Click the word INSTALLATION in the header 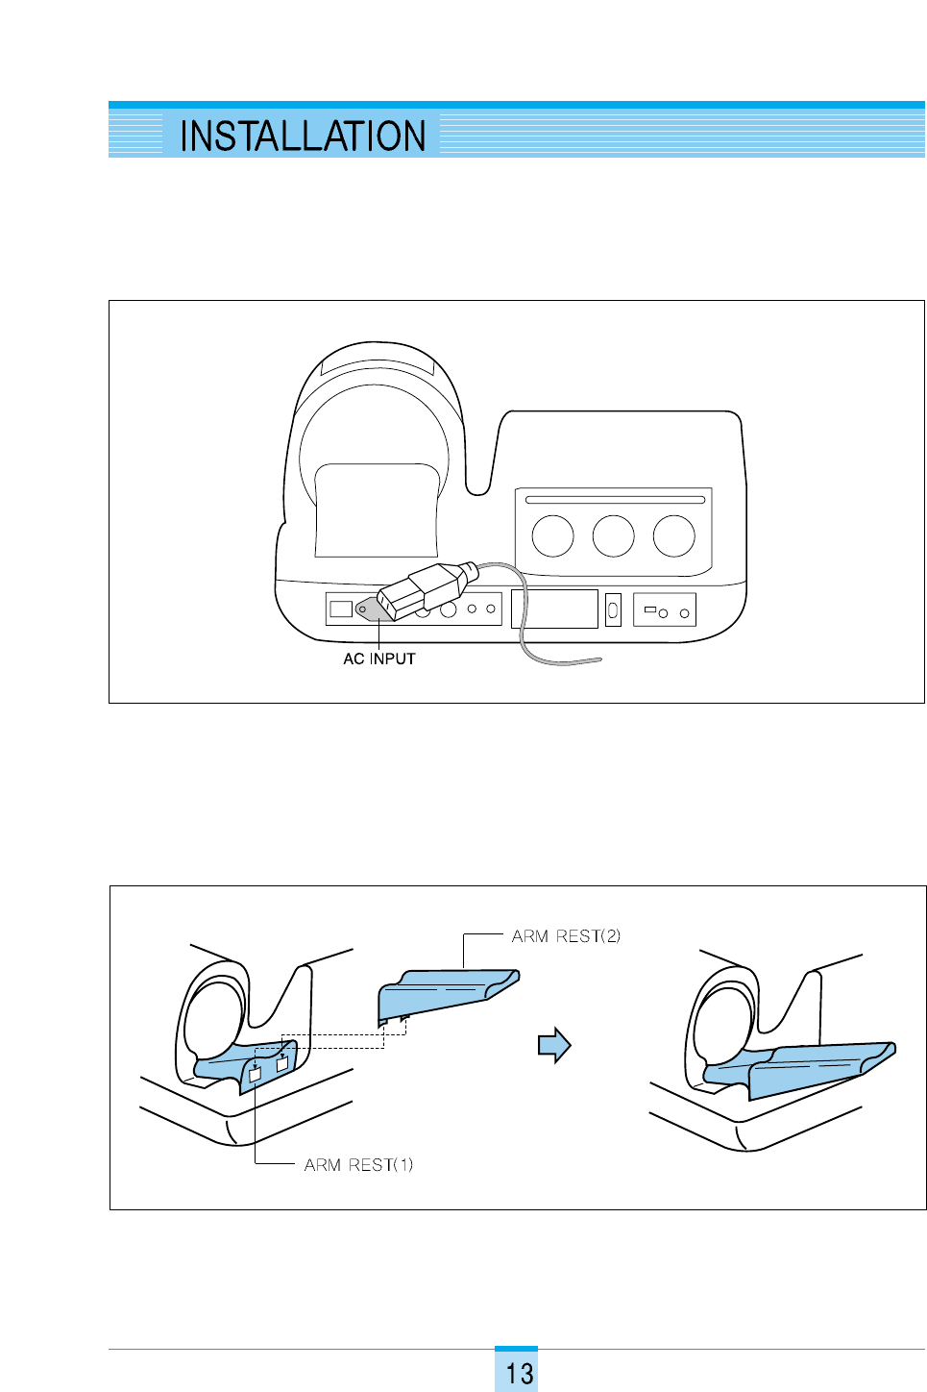pyautogui.click(x=303, y=136)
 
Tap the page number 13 pyautogui.click(x=519, y=1373)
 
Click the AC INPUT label pyautogui.click(x=379, y=659)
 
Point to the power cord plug pyautogui.click(x=424, y=588)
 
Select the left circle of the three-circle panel pyautogui.click(x=552, y=535)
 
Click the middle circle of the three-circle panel pyautogui.click(x=613, y=535)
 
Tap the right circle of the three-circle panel pyautogui.click(x=673, y=535)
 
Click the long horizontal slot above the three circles pyautogui.click(x=615, y=500)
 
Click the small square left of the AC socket pyautogui.click(x=340, y=609)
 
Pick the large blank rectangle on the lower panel pyautogui.click(x=554, y=609)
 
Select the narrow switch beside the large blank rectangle pyautogui.click(x=613, y=609)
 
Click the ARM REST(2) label pyautogui.click(x=566, y=936)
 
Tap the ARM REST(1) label pyautogui.click(x=358, y=1165)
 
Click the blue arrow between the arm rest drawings pyautogui.click(x=554, y=1045)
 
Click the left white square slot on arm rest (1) pyautogui.click(x=255, y=1076)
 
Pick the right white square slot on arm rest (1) pyautogui.click(x=282, y=1064)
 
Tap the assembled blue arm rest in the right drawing pyautogui.click(x=807, y=1067)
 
